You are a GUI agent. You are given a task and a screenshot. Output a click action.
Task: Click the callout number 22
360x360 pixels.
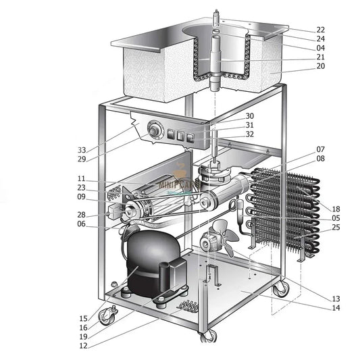coord(320,30)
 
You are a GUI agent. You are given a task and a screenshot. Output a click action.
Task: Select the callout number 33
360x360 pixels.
coord(82,150)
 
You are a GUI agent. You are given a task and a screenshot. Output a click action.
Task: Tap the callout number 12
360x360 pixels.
coord(82,346)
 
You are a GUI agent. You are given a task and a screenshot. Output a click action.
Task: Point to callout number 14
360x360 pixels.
coord(336,308)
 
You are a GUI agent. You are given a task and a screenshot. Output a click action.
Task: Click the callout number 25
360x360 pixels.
coord(336,228)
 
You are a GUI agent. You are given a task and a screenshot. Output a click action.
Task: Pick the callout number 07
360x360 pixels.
coord(321,149)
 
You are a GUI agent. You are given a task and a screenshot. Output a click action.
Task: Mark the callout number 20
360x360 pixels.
coord(320,66)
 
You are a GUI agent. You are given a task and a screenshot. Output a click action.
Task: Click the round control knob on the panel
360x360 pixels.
coord(155,130)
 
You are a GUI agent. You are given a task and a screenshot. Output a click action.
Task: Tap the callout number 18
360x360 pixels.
coord(336,209)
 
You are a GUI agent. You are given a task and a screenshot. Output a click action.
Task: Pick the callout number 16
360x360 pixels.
coord(82,328)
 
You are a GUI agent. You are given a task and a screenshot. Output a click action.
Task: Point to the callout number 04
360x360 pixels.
coord(320,48)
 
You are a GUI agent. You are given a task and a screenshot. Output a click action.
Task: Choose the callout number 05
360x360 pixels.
coord(336,219)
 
